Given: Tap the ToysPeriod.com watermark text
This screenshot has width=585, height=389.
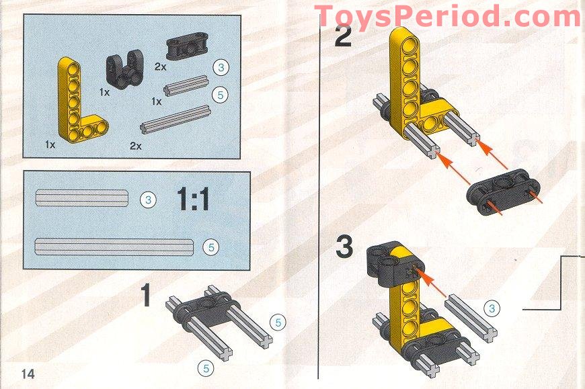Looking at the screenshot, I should click(x=447, y=16).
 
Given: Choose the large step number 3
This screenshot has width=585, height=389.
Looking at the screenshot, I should click(x=344, y=247).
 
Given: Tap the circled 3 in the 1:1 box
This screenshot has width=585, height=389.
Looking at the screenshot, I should click(x=147, y=199).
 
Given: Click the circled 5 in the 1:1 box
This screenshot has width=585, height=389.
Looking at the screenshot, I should click(x=210, y=247).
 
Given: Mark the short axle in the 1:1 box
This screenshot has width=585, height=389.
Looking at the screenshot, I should click(x=81, y=198).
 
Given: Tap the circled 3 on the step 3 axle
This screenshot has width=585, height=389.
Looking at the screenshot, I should click(x=493, y=309).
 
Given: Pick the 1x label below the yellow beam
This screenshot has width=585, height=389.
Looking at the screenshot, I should click(x=50, y=144).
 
